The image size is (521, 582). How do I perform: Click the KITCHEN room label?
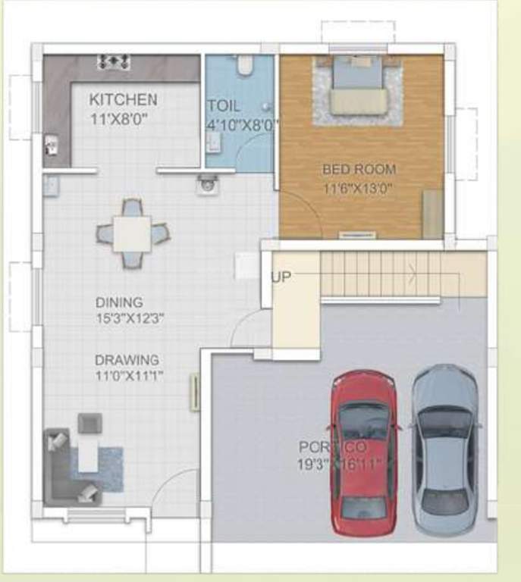[123, 99]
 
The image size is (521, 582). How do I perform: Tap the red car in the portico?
[365, 452]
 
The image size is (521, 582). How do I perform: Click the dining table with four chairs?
[133, 233]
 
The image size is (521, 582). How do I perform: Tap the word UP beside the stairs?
[281, 277]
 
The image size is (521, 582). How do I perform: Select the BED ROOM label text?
[359, 170]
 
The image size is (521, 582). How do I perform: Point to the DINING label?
[119, 302]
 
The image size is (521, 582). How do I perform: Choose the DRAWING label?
[127, 360]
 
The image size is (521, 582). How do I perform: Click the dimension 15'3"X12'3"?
[130, 318]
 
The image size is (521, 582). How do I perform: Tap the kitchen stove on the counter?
[114, 61]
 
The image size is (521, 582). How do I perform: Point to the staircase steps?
[379, 274]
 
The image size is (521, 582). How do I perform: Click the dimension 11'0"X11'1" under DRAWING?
[130, 376]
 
